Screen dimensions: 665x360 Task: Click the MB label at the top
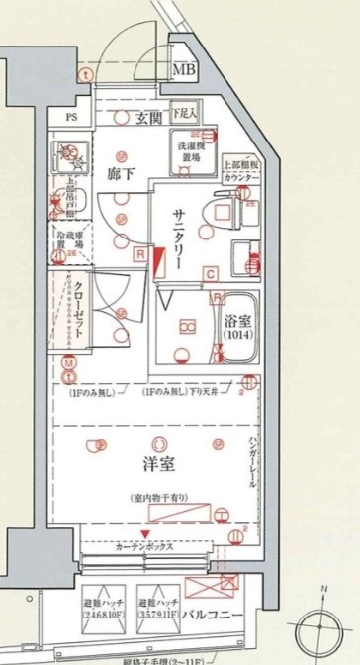coord(183,70)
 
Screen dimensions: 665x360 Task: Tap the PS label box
coord(71,116)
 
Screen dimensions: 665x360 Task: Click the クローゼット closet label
coord(78,307)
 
